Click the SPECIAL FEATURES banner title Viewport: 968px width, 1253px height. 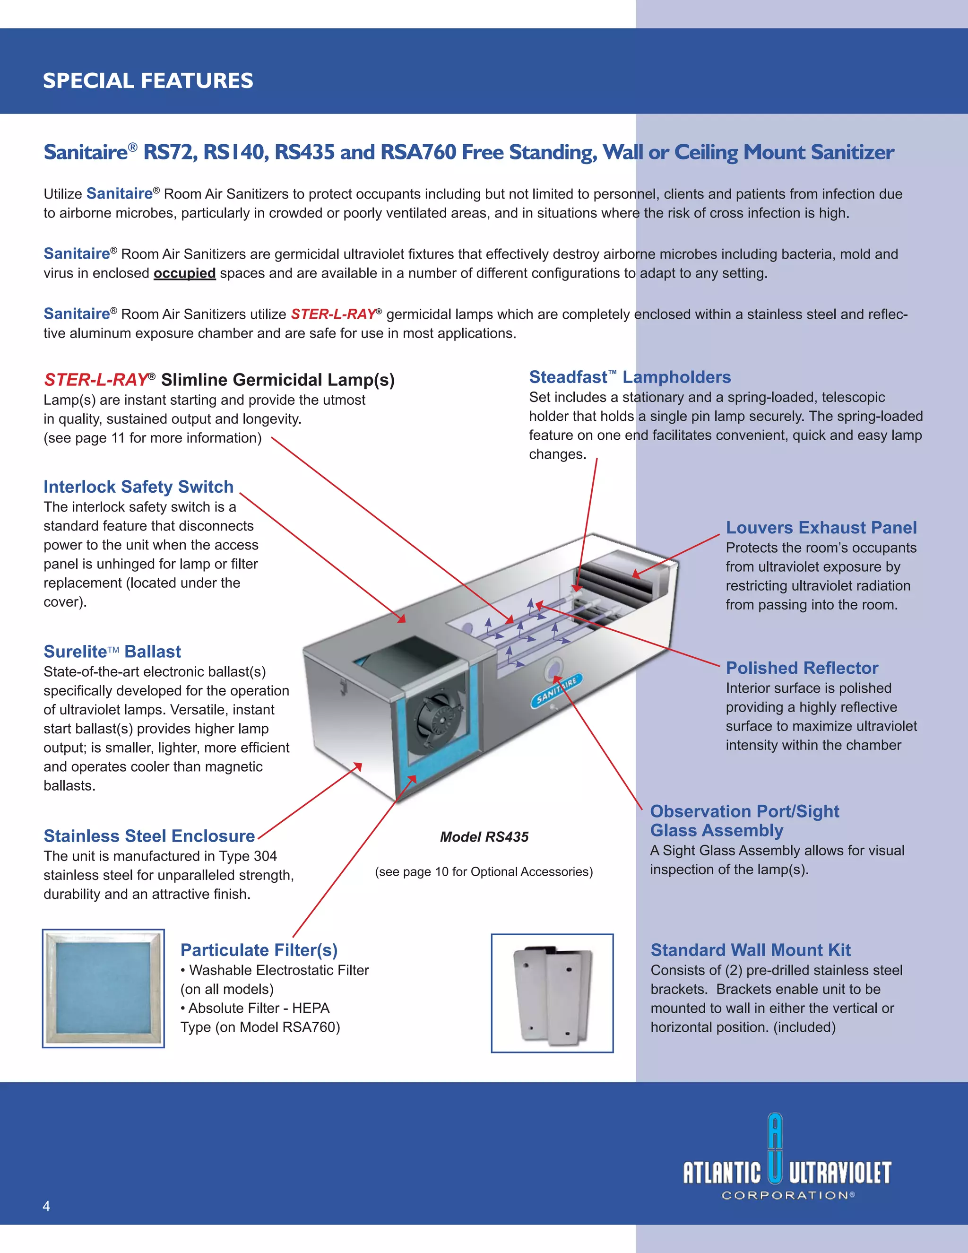(148, 81)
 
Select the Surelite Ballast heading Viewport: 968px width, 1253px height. (112, 652)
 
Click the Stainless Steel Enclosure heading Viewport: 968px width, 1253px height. (149, 836)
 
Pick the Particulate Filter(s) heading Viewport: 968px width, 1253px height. (259, 950)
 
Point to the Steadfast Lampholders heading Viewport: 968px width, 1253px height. (630, 377)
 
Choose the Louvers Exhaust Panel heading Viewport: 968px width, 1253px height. (821, 527)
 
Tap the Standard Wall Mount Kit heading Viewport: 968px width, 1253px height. (750, 950)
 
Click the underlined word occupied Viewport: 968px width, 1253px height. (185, 273)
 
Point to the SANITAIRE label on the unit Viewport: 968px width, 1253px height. (556, 690)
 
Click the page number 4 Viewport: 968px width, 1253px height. (46, 1206)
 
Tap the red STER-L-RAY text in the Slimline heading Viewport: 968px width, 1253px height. (96, 380)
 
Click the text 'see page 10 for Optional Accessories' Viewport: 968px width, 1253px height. (484, 872)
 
